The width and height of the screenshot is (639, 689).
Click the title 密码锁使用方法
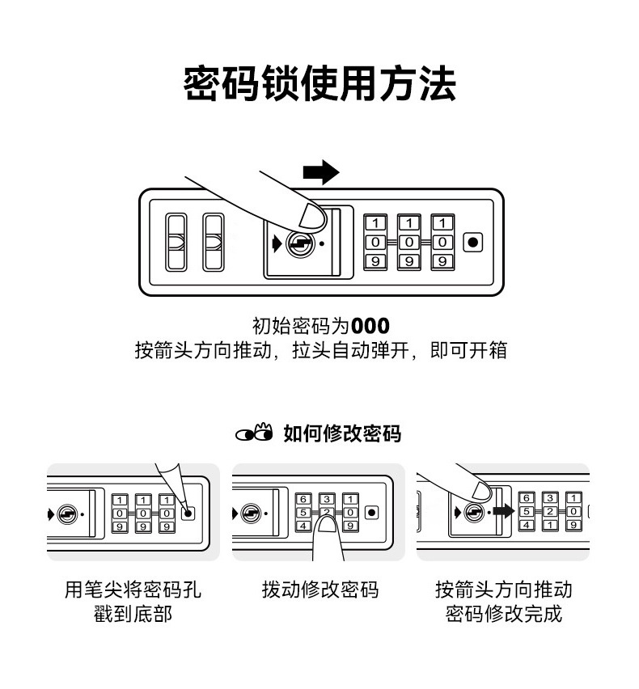pos(319,85)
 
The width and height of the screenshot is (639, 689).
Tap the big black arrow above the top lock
pos(320,171)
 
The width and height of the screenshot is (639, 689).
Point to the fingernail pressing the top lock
pos(311,215)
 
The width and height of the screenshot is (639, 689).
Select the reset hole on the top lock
pos(474,242)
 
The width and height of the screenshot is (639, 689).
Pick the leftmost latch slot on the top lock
pos(175,242)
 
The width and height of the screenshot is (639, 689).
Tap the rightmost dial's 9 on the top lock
pos(442,261)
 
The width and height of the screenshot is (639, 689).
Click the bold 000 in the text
pos(370,327)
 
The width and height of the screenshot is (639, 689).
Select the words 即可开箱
pos(468,352)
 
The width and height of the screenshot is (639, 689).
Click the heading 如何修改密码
pos(342,433)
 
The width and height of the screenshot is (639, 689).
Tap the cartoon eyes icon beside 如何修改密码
pos(255,433)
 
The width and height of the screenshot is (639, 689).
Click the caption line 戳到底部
pos(133,615)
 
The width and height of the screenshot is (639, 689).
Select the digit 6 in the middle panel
pos(303,499)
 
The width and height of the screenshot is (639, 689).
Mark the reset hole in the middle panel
pos(371,512)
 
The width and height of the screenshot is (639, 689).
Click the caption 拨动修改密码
pos(319,590)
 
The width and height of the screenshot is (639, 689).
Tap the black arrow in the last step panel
pos(502,511)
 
